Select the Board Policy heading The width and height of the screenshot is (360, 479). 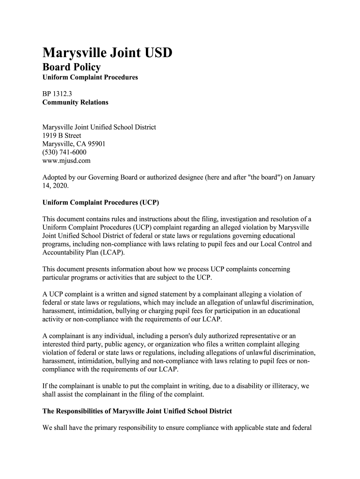point(72,67)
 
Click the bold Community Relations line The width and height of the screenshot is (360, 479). point(75,102)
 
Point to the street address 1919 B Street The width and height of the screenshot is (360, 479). point(62,136)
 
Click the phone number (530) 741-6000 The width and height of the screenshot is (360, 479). point(65,152)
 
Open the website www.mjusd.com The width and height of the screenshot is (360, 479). point(66,161)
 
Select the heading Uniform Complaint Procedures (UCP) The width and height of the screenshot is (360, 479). point(101,203)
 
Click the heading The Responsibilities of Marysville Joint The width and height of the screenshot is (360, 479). point(137,411)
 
